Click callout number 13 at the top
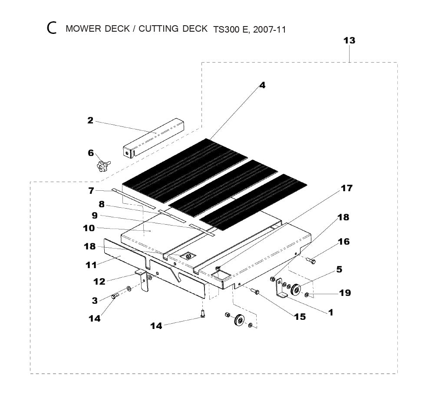point(349,40)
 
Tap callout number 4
point(262,85)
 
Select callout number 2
point(90,120)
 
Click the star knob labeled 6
point(102,165)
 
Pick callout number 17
point(346,188)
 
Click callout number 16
point(343,242)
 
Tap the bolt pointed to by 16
point(312,261)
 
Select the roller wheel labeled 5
point(297,289)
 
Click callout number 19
point(345,293)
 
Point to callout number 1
point(331,312)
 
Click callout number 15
point(300,317)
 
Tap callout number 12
point(99,282)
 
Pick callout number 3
point(95,300)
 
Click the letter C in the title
point(52,29)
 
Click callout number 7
point(91,190)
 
